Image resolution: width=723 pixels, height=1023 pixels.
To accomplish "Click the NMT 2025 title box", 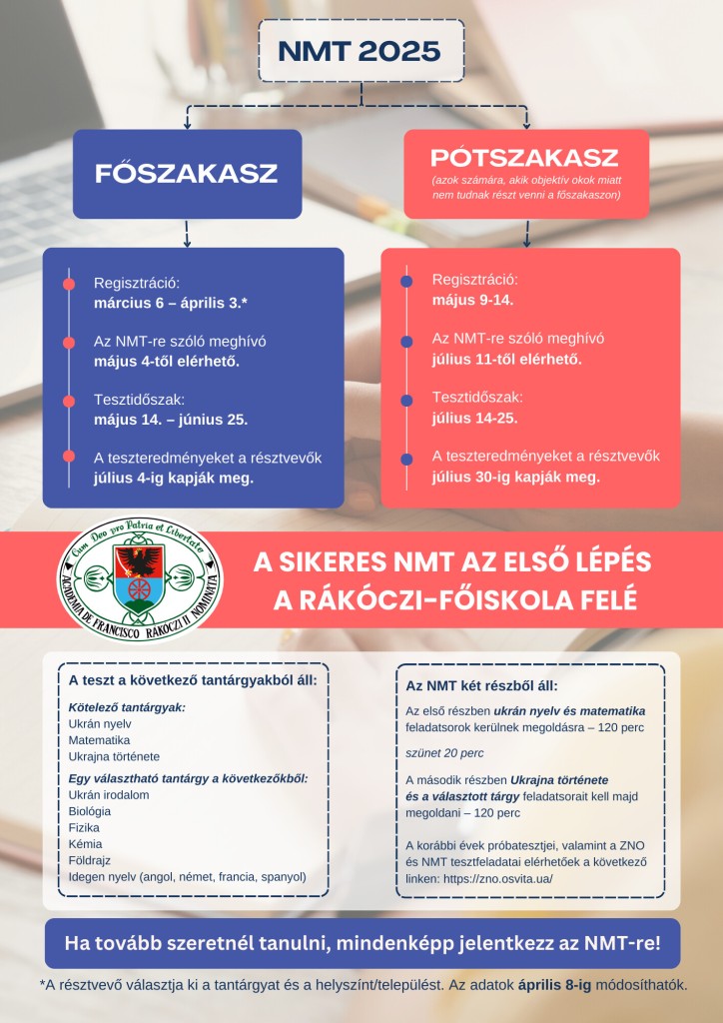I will coord(361,50).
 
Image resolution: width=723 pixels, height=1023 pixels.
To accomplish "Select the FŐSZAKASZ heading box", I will coord(187,173).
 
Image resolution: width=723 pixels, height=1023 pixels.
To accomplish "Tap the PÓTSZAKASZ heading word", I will coord(524,158).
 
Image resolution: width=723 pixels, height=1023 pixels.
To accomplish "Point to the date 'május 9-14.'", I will coord(472,300).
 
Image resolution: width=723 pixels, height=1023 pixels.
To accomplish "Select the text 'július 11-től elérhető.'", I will coord(506,359).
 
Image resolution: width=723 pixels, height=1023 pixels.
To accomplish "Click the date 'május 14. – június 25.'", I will coord(171,419).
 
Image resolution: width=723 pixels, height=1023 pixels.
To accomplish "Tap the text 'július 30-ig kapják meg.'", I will coord(515,477).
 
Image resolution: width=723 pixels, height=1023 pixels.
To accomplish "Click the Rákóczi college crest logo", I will coord(140,583).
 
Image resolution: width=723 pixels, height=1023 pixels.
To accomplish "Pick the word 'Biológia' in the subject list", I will coord(90,811).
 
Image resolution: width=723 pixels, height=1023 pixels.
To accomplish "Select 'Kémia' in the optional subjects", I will coord(85,844).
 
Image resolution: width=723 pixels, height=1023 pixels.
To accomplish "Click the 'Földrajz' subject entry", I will coord(90,860).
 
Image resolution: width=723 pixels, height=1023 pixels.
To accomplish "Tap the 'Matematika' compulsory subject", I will coord(100,740).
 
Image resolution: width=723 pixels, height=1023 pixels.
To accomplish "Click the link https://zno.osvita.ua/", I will coord(495,878).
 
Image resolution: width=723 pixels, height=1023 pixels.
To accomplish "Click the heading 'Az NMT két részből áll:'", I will coord(481,686).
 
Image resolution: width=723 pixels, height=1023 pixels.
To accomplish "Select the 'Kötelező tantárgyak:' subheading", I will coord(127,707).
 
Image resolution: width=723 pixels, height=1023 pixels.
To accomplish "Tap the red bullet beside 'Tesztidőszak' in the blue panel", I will coord(68,401).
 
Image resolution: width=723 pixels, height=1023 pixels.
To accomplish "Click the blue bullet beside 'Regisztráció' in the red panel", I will coord(406,282).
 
